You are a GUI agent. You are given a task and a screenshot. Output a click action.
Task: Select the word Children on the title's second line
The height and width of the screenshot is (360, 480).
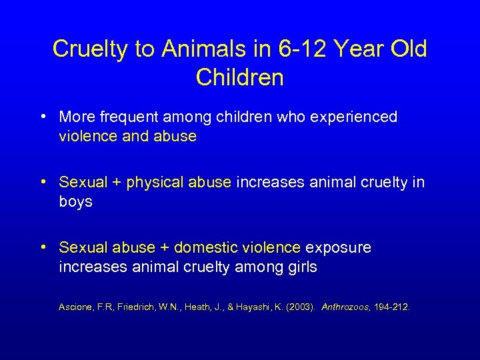coord(240,77)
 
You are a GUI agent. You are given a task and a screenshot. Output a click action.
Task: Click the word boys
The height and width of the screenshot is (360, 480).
coord(75,202)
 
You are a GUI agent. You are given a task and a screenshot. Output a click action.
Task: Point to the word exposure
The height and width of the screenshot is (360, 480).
coord(338,248)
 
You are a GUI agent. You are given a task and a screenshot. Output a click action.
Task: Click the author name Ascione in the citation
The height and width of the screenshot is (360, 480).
coord(77,307)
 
